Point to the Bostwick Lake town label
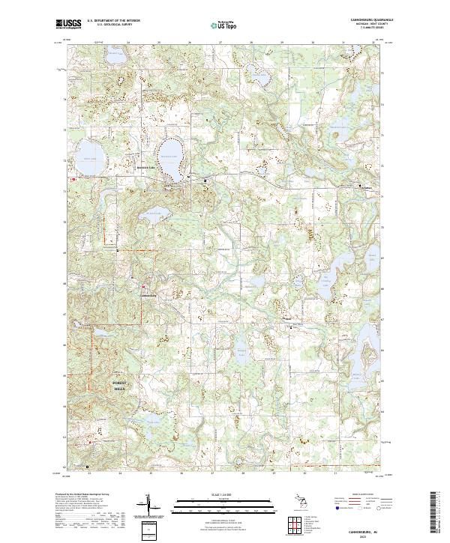[x=166, y=168]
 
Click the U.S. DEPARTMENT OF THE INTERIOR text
[x=113, y=20]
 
